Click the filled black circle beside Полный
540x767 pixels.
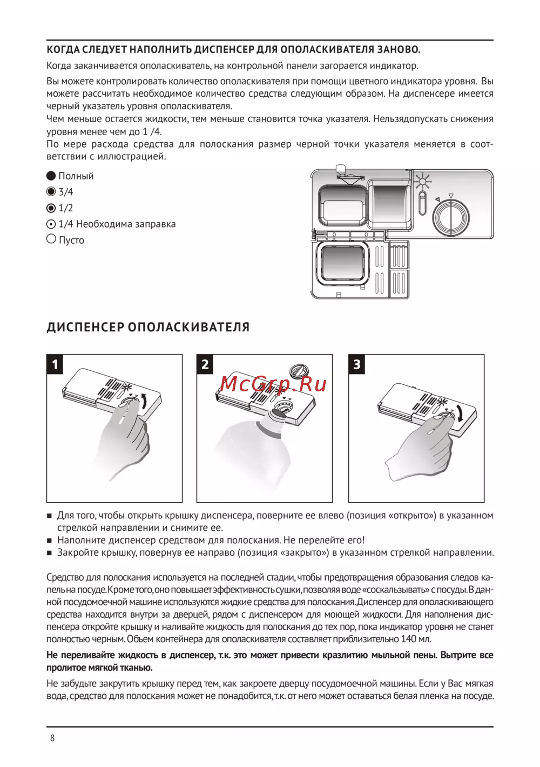(x=51, y=176)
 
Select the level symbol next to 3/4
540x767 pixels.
(x=51, y=191)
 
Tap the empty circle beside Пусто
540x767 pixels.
(x=51, y=239)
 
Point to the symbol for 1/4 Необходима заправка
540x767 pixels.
(x=51, y=224)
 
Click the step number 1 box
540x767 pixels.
(x=55, y=364)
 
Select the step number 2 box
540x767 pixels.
(x=205, y=364)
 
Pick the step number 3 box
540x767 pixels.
(x=356, y=364)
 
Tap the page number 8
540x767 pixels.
(x=52, y=738)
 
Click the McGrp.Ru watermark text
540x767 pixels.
(x=273, y=384)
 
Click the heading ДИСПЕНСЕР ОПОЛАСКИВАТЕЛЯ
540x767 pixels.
(x=148, y=328)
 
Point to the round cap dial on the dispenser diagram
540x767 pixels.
(x=450, y=217)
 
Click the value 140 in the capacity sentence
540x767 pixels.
(x=408, y=639)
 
